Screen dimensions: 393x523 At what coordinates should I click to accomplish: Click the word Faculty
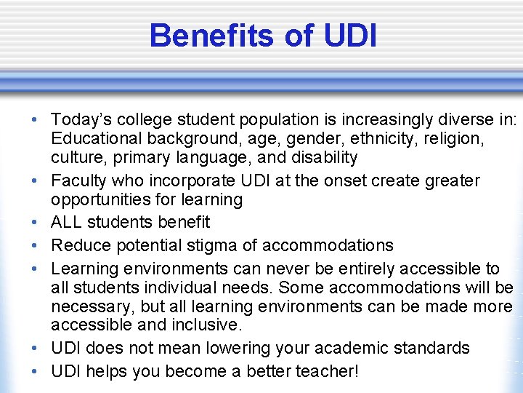[x=82, y=180]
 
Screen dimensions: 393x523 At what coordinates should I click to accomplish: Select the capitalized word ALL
[x=68, y=222]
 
